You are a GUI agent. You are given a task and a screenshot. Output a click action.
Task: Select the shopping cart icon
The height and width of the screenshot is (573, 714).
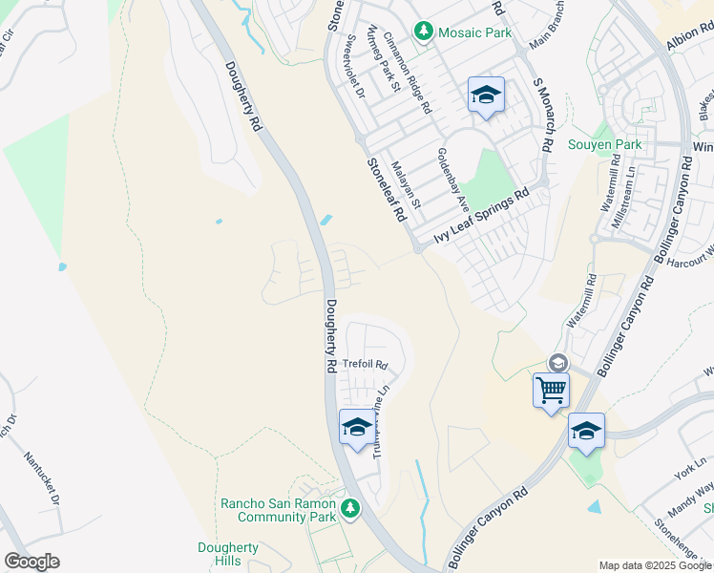[x=551, y=390]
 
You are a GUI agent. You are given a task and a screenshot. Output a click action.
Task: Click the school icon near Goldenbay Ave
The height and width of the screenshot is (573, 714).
[x=486, y=95]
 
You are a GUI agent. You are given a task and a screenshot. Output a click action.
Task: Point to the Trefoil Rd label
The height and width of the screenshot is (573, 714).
[x=367, y=364]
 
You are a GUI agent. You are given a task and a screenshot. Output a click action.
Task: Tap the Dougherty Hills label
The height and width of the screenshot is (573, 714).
[x=227, y=554]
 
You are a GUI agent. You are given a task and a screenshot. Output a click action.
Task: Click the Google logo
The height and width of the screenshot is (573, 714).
[x=31, y=562]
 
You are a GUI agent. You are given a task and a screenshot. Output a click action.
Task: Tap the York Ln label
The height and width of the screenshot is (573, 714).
[x=684, y=470]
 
